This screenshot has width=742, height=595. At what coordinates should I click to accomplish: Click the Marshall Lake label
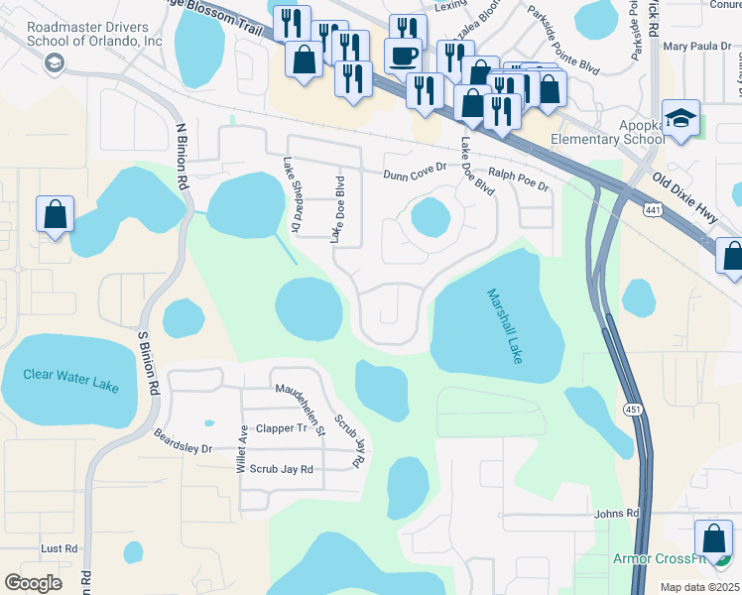point(504,326)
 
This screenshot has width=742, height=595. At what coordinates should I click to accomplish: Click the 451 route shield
point(632,409)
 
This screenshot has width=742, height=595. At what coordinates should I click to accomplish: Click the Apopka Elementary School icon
point(680,119)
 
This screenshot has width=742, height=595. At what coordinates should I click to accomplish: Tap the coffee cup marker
point(403,56)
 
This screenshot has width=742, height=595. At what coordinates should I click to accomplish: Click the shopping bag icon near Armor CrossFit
point(713,540)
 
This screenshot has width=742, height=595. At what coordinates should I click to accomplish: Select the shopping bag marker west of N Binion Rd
point(55,215)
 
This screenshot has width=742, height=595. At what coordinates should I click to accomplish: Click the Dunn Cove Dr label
point(416,174)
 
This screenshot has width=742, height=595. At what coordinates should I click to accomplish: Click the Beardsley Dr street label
point(185,441)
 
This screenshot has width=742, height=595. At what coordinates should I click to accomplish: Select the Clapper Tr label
point(282,428)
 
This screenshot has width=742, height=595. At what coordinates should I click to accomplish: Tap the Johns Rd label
point(616,514)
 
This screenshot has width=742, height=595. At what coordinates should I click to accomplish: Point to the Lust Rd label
point(59,548)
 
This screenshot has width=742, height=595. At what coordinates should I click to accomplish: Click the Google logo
point(34,583)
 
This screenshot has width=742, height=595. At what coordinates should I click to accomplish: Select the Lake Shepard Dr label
point(291,195)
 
